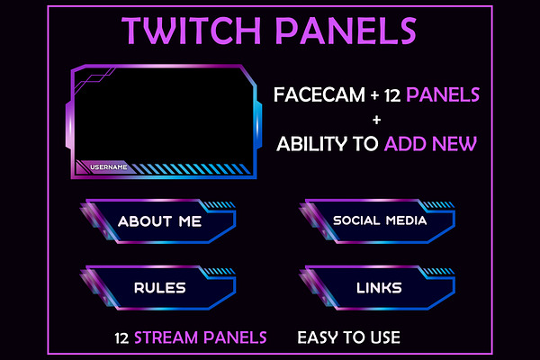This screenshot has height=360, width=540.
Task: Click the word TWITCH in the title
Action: pos(192,31)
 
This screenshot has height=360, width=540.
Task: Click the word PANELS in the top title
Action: pos(346,31)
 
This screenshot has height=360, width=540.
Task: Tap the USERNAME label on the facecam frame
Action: pos(109,167)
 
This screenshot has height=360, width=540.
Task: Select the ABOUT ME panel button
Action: pos(158,220)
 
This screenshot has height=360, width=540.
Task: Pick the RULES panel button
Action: pos(158,287)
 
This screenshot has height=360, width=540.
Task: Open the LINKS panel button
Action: pos(378,287)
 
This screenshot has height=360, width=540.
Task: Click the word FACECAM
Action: pos(319,94)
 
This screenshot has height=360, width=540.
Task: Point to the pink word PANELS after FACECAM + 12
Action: pos(443,94)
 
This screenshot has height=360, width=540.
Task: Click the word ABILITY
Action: pos(312,144)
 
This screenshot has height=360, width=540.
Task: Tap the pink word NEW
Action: pos(454,144)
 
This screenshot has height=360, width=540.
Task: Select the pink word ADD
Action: pos(405,144)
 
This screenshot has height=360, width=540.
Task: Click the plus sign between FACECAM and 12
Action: pos(374,95)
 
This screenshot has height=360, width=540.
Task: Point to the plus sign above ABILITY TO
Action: pos(377,120)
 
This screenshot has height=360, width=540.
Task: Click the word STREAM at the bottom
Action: pos(166,337)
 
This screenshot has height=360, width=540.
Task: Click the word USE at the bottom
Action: pos(385,337)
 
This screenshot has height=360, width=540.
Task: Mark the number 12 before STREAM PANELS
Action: pos(121,338)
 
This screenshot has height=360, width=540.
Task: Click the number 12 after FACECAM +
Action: pos(392,95)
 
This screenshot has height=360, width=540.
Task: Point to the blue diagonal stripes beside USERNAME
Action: pos(191,168)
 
